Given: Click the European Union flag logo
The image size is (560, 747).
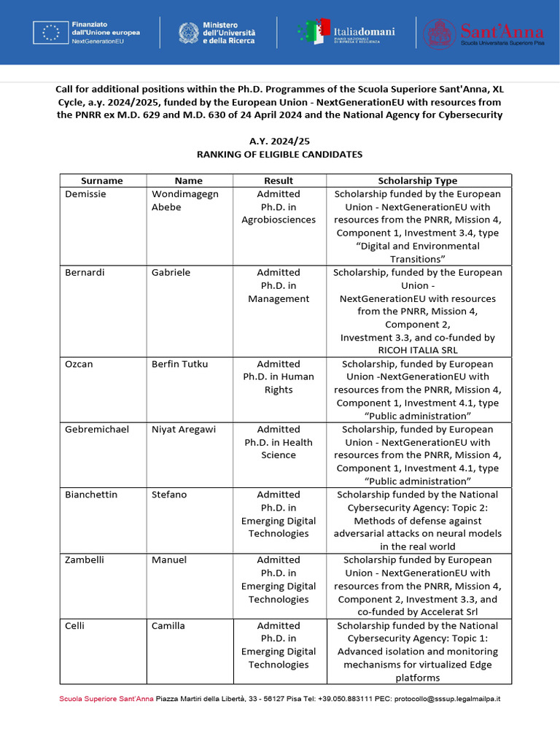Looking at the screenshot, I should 51,33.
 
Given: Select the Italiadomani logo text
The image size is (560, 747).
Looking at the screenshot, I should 364,31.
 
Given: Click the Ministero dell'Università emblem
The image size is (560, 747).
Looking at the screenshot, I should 189,33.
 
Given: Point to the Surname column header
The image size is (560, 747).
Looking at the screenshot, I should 102,181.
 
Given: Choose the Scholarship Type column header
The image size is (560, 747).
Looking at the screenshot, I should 418,181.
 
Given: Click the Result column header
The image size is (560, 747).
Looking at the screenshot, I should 279,181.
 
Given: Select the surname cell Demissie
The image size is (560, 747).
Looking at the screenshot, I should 86,194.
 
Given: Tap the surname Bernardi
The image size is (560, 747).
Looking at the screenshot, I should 85,273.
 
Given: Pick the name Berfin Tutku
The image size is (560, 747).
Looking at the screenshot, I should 179,364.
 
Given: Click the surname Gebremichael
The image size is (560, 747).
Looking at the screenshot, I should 97,430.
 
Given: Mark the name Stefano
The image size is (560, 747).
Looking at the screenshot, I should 169,495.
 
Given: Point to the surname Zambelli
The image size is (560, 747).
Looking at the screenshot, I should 85,560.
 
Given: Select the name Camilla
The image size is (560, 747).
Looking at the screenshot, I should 168,626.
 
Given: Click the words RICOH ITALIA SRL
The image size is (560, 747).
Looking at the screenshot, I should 418,351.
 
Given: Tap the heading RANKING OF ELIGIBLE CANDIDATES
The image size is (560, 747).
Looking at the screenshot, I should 279,155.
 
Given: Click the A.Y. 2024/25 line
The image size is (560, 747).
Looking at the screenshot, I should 279,142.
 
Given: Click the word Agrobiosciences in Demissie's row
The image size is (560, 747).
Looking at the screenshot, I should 279,220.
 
